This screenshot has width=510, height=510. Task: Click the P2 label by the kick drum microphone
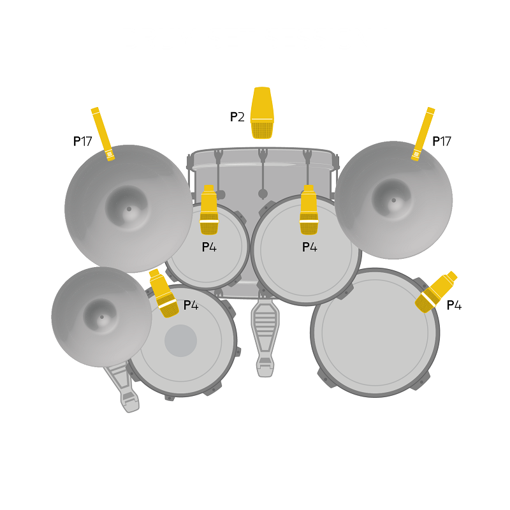coord(237,117)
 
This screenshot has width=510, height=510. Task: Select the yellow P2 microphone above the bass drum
coord(262,113)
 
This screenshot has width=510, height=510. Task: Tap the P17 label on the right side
coord(442,142)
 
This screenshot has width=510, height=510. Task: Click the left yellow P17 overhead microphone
coord(103,134)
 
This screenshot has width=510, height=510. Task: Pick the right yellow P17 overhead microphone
coord(423,134)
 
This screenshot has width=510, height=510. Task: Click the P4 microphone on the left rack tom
coord(209,210)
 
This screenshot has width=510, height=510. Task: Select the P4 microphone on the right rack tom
coord(309,210)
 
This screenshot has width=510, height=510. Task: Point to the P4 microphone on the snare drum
coord(163,293)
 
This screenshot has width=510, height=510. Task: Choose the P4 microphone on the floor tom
coord(435,292)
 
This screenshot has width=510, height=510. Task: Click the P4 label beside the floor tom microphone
coord(454,305)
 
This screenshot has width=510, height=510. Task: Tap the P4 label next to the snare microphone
coord(191,305)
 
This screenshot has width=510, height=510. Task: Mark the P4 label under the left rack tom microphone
coord(209,247)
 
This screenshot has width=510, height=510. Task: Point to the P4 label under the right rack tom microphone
coord(309,247)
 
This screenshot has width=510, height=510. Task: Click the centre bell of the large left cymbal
coord(128,208)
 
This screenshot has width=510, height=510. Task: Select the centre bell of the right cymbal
coord(393,200)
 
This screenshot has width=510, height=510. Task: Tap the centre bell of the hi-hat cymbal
coord(101,316)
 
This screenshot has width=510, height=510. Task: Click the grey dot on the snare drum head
coord(181,340)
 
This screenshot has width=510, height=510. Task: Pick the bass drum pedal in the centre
coord(266,338)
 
